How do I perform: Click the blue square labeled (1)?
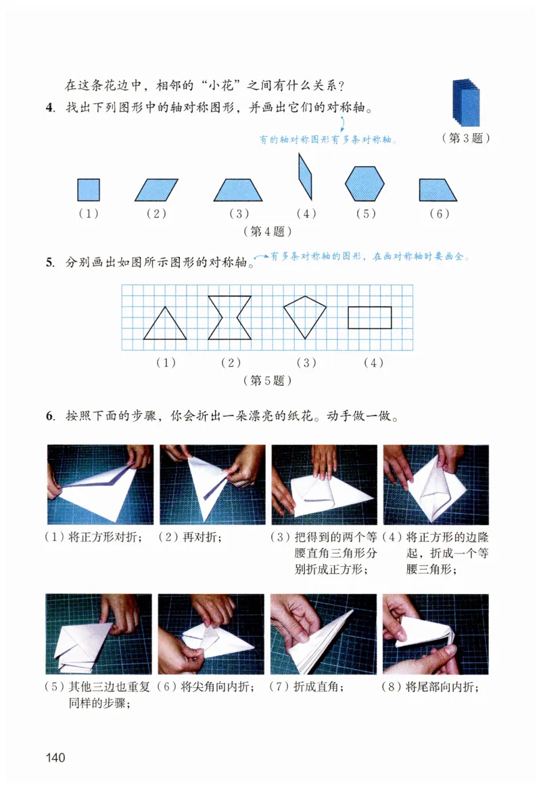tap(89, 190)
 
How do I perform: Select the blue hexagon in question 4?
tap(364, 184)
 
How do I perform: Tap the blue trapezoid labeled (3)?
tap(237, 190)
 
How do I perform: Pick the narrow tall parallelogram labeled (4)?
tap(304, 176)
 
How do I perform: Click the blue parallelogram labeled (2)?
tap(156, 190)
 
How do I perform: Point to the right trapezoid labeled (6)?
tap(436, 190)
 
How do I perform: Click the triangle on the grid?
tap(165, 324)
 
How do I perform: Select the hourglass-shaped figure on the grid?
tap(230, 317)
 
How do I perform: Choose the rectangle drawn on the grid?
tap(369, 318)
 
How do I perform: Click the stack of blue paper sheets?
tap(466, 101)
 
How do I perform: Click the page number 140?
tap(55, 757)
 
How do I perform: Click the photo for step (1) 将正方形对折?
tap(100, 485)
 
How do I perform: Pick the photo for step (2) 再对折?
tap(212, 485)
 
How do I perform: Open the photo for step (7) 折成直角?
tap(323, 634)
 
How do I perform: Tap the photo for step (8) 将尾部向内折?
tap(435, 634)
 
